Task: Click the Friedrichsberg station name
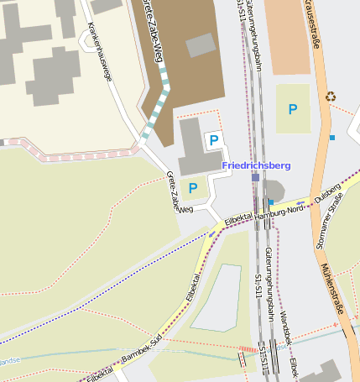(x=257, y=165)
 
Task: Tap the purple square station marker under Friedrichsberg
(x=255, y=177)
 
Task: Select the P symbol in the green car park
(x=292, y=109)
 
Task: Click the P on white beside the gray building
(x=214, y=140)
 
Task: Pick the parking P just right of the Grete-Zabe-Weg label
(x=193, y=188)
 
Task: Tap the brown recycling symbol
(x=331, y=97)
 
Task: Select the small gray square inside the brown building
(x=200, y=44)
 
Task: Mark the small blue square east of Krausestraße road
(x=332, y=137)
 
